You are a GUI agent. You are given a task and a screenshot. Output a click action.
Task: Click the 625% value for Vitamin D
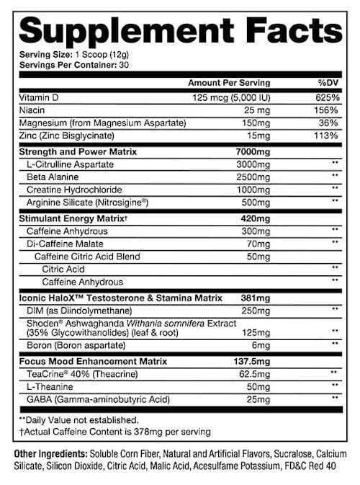(x=325, y=97)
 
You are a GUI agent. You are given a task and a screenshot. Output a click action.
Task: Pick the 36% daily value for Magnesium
(x=328, y=123)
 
